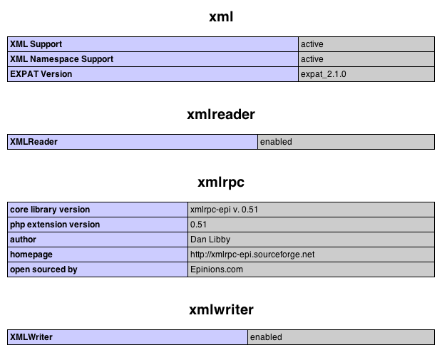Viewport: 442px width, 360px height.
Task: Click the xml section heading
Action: tap(221, 17)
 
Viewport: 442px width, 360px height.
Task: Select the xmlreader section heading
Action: tap(221, 115)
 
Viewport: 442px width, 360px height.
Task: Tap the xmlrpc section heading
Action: tap(221, 182)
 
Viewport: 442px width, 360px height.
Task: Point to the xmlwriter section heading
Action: tap(221, 310)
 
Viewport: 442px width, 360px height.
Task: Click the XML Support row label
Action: tap(36, 44)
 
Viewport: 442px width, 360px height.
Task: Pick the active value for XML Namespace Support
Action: tap(312, 59)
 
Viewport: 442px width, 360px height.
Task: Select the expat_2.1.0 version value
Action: tap(324, 74)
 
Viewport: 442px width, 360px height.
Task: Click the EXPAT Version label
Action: tap(41, 74)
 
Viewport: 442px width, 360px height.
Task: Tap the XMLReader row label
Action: tap(34, 142)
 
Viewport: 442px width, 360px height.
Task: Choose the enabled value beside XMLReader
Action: tap(276, 142)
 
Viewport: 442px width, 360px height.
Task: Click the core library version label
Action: tap(50, 210)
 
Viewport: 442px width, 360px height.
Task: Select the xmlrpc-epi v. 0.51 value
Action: tap(224, 210)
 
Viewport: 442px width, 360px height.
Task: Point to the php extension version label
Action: tap(55, 225)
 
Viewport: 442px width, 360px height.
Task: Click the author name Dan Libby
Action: tap(210, 240)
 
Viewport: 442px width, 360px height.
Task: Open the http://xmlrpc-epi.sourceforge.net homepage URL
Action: tap(252, 254)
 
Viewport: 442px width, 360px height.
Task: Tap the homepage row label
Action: tap(31, 254)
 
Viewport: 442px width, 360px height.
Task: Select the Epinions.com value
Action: tap(217, 269)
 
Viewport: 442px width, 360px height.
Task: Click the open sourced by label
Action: tap(43, 269)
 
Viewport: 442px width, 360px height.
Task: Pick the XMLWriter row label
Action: tap(31, 337)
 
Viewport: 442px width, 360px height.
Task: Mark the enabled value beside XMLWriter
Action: tap(266, 337)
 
